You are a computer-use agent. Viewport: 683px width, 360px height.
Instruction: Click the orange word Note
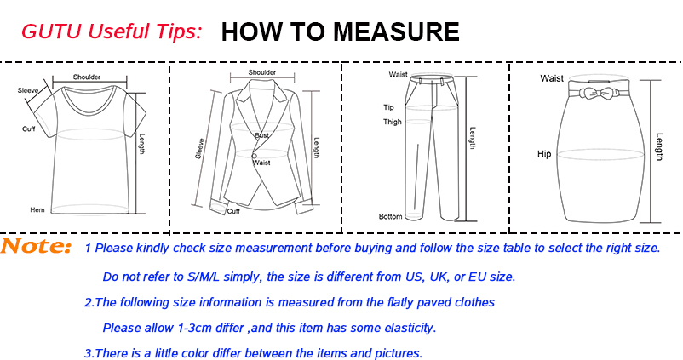pyautogui.click(x=36, y=247)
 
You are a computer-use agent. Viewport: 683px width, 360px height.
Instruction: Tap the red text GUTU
pyautogui.click(x=52, y=31)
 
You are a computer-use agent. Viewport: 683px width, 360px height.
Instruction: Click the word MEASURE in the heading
pyautogui.click(x=396, y=31)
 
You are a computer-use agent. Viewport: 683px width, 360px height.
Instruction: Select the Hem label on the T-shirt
pyautogui.click(x=37, y=210)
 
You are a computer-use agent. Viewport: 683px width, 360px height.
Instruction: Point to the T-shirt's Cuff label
pyautogui.click(x=29, y=129)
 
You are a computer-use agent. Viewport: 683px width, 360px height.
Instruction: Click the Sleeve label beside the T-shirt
pyautogui.click(x=28, y=90)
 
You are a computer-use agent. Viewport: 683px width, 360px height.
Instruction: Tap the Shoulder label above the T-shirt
pyautogui.click(x=87, y=77)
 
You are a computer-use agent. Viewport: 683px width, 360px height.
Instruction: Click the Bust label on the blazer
pyautogui.click(x=261, y=135)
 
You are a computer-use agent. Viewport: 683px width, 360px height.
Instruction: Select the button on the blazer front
pyautogui.click(x=254, y=156)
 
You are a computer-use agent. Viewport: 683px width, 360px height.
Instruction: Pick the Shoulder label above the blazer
pyautogui.click(x=262, y=72)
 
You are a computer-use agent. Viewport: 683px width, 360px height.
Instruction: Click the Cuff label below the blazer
pyautogui.click(x=233, y=211)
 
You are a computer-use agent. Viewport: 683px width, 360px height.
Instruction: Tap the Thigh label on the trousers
pyautogui.click(x=393, y=122)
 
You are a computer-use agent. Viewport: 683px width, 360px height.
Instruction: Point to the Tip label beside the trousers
pyautogui.click(x=388, y=107)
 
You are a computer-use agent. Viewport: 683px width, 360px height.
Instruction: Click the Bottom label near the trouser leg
pyautogui.click(x=390, y=216)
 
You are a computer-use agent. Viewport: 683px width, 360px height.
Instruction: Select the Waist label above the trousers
pyautogui.click(x=398, y=74)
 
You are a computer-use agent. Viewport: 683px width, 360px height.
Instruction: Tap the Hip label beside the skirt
pyautogui.click(x=544, y=154)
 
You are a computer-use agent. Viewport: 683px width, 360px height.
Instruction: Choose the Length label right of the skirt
pyautogui.click(x=659, y=146)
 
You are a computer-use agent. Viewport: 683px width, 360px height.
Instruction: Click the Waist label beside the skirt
pyautogui.click(x=552, y=78)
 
